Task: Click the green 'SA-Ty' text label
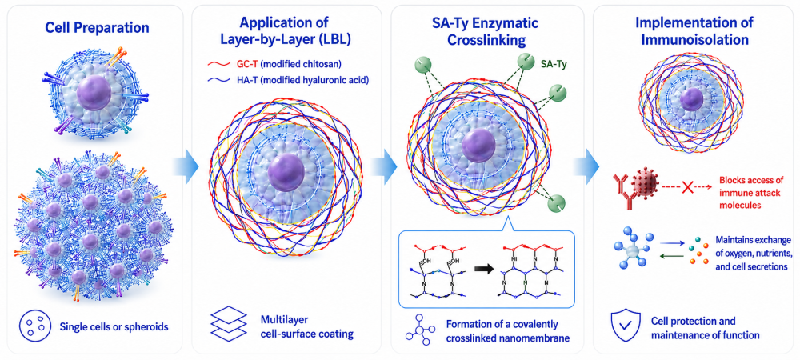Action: click(552, 64)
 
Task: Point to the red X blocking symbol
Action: click(686, 188)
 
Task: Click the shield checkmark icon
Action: click(623, 326)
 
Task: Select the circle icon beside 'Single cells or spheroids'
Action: click(31, 326)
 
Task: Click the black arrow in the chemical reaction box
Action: click(484, 267)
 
